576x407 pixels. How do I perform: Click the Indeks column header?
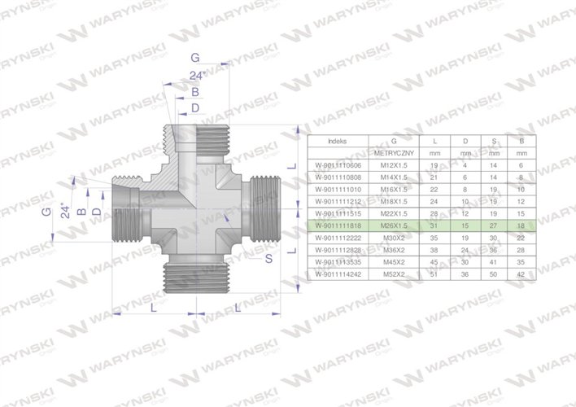(336, 140)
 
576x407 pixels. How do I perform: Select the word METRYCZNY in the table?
(395, 152)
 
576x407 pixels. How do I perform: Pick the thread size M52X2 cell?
(395, 275)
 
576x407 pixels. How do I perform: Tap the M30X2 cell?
(395, 237)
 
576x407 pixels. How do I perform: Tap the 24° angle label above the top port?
(195, 76)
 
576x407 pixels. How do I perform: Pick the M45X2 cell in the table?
(395, 263)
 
